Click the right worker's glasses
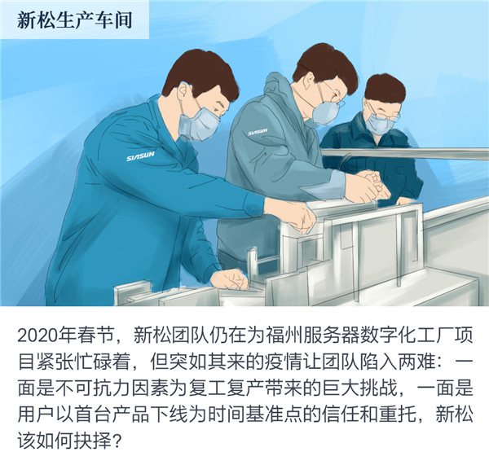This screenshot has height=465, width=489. pyautogui.click(x=382, y=107)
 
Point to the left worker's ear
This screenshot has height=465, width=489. pyautogui.click(x=174, y=104)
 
